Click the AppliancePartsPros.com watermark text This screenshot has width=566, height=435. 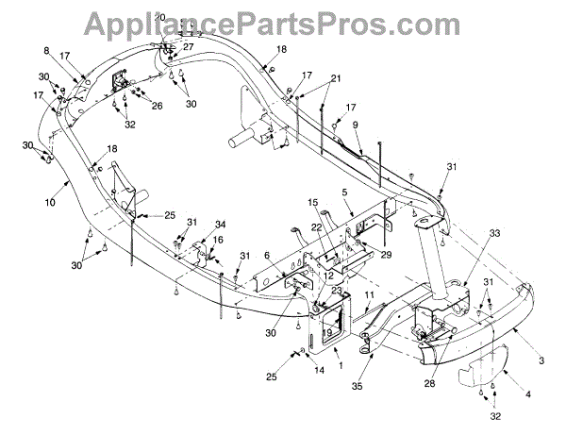(282, 22)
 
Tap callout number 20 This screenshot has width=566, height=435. (159, 19)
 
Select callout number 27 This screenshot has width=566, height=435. (188, 46)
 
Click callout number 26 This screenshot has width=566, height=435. (158, 106)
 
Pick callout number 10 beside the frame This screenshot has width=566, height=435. (48, 201)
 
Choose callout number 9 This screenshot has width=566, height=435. (355, 125)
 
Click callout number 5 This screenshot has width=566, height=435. (345, 192)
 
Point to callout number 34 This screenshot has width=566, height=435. (220, 224)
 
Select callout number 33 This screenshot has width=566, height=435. (495, 232)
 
